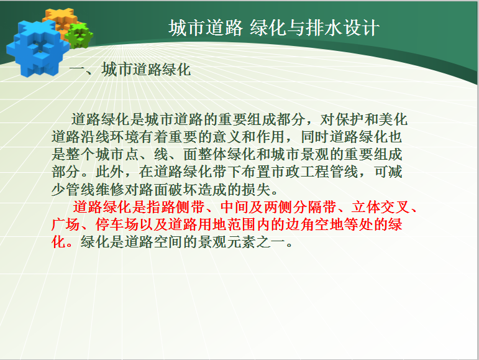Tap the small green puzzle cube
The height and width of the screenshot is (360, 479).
pos(80,35)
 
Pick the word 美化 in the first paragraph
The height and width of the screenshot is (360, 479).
pos(393,119)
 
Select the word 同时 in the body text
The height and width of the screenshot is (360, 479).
pos(315,137)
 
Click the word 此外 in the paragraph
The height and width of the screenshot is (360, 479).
pos(110,172)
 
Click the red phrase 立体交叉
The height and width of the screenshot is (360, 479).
pos(381,207)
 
